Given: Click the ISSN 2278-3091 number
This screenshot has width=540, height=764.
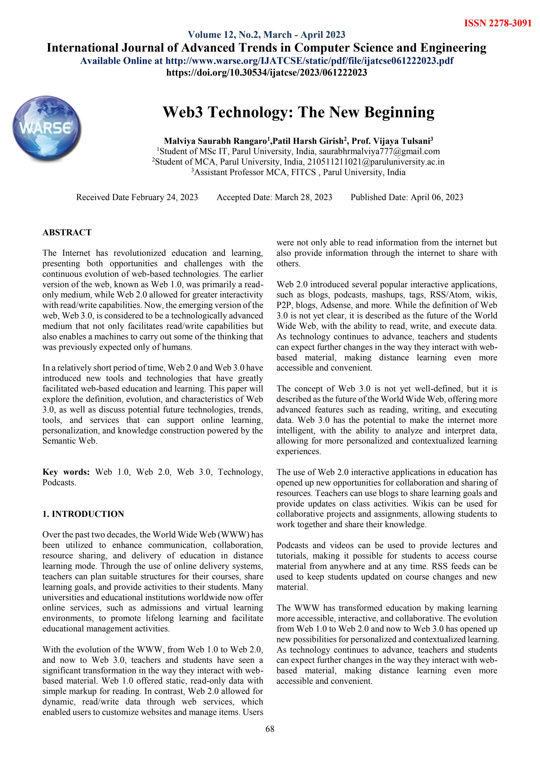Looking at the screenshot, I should pos(497,23).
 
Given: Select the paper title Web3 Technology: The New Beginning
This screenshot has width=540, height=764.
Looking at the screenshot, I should pos(298,112).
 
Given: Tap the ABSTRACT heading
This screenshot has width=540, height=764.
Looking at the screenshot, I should pos(67,232).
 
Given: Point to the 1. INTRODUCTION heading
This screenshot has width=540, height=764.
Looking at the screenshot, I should pos(83,514).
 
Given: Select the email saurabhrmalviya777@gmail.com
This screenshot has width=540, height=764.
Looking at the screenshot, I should pos(379,152).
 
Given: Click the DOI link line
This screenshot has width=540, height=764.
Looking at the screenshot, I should pos(266,72).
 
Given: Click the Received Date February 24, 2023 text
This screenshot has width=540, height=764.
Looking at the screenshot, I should pos(137,197).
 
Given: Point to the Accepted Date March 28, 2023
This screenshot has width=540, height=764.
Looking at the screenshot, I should pos(274,197).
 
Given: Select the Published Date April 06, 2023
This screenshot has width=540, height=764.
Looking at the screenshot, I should pos(407,197).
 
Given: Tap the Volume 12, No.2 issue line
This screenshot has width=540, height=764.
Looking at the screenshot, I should pos(266,34).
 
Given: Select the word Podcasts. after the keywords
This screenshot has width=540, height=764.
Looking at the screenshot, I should pos(59,482).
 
